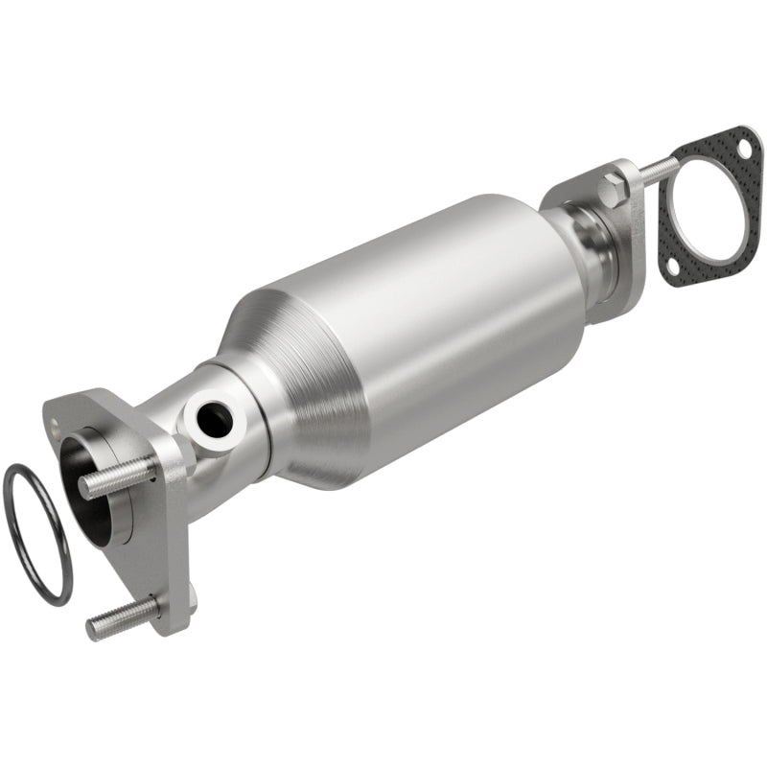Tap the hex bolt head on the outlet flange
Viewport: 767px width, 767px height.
pos(615,188)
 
